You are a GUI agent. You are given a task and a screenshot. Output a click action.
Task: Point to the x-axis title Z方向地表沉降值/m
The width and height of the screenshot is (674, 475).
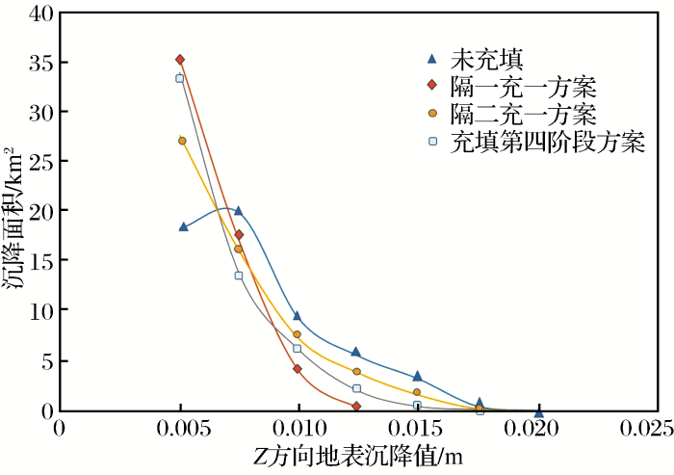[357, 454]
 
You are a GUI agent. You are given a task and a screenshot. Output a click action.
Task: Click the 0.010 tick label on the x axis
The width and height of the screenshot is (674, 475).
[298, 427]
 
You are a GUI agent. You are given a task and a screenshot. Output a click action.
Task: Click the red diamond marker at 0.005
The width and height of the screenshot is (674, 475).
[180, 60]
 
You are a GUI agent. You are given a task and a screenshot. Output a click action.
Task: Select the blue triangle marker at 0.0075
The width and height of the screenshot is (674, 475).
[239, 211]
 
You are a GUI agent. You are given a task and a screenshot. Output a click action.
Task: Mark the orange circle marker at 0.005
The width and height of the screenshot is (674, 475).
[182, 141]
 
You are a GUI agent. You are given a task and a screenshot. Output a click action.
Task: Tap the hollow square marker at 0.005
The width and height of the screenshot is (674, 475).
[179, 78]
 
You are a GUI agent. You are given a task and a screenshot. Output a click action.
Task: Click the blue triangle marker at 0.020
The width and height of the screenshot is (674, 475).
[539, 413]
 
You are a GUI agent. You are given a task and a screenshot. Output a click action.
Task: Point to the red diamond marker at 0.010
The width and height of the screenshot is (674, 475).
[298, 369]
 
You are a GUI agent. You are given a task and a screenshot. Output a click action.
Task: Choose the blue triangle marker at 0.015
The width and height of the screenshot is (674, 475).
[417, 377]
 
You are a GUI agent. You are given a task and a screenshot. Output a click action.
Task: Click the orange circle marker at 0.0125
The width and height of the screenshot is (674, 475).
[357, 372]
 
